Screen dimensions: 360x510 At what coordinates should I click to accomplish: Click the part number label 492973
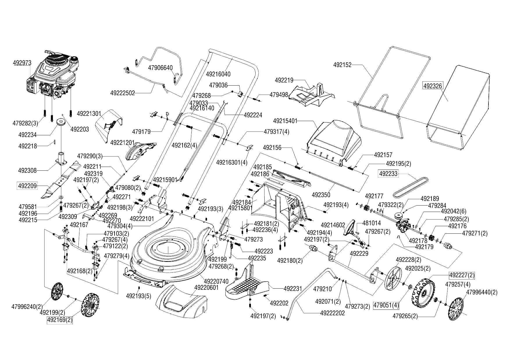(22, 63)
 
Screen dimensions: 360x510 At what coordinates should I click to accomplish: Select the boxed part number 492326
(433, 86)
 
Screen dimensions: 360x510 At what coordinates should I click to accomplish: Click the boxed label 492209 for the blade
(28, 186)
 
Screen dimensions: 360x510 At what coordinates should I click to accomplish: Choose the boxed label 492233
(388, 174)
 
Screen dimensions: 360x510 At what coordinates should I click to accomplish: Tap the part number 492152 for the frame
(342, 65)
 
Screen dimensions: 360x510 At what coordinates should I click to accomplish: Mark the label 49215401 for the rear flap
(285, 121)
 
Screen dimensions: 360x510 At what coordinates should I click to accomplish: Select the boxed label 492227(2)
(462, 275)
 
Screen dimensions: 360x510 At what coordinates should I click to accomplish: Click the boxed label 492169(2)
(60, 320)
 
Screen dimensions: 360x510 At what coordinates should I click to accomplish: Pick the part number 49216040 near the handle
(218, 74)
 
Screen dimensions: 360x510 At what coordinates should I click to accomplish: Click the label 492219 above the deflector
(284, 80)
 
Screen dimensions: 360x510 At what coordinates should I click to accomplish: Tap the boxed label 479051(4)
(386, 305)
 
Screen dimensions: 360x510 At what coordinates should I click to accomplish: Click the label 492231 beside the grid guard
(293, 289)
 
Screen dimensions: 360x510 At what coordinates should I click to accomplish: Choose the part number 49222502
(123, 93)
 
